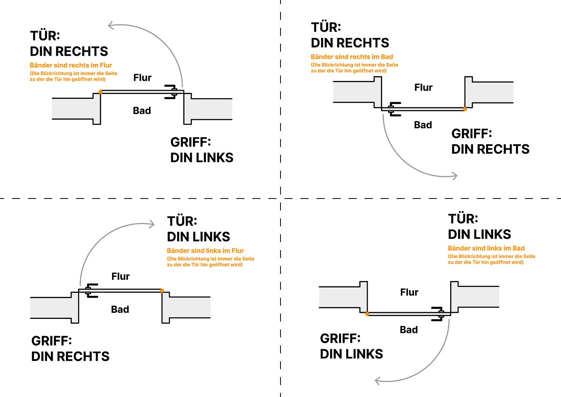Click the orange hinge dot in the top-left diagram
pos(100,92)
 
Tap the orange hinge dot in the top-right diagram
pos(465,109)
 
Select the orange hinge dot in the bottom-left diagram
pos(162,291)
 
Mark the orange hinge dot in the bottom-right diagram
pos(367,314)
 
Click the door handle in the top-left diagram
pos(171,92)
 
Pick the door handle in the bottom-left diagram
pos(91,291)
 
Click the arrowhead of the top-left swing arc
pos(111,25)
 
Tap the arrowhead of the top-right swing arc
pos(454,176)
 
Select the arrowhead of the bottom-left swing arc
pos(151,224)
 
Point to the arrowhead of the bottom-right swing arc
pos(378,381)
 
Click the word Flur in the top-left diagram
pos(142,78)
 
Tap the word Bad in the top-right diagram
pos(423,125)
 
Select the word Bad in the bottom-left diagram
pos(120,309)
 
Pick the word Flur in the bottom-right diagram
pos(409,292)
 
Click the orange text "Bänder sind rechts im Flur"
pos(71,65)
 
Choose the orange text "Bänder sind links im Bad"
pos(486,248)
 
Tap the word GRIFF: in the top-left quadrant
pos(190,142)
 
